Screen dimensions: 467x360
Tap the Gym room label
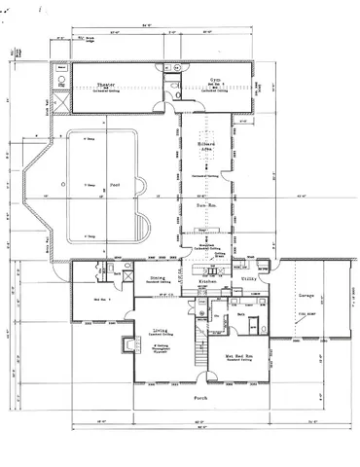(x=216, y=81)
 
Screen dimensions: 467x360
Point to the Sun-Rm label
(x=205, y=206)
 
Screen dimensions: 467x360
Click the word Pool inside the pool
(x=116, y=183)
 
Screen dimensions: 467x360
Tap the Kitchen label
(x=206, y=281)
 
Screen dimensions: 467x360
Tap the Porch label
(x=200, y=399)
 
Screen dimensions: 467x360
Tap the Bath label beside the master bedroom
(x=239, y=314)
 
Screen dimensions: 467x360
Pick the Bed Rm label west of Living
(x=102, y=299)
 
